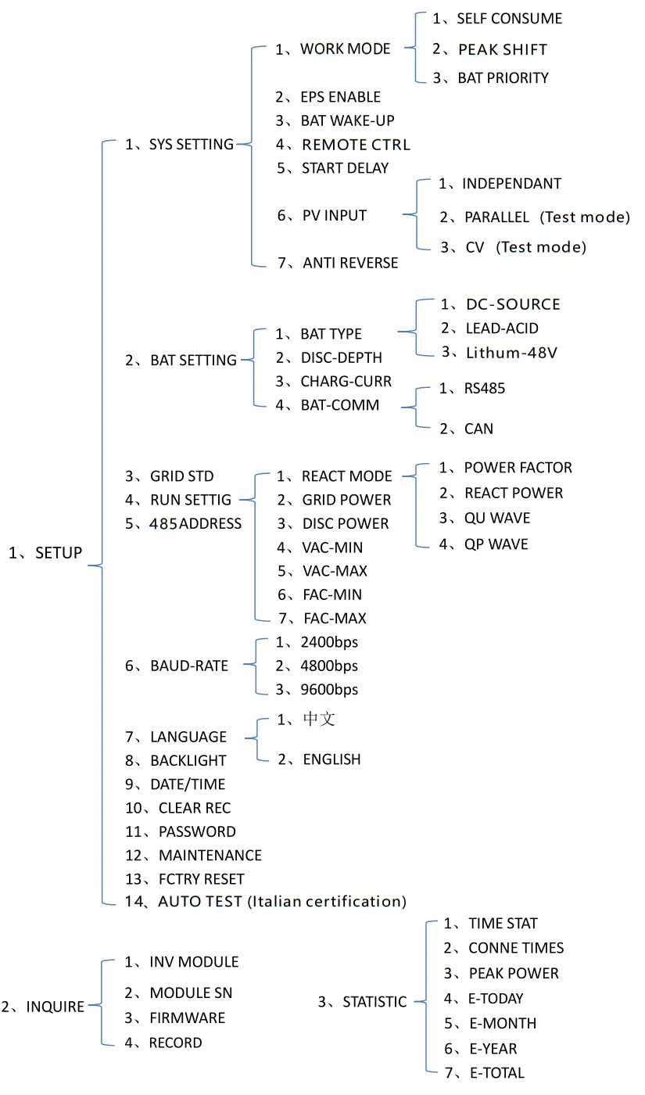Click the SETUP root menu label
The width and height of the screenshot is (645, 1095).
(59, 553)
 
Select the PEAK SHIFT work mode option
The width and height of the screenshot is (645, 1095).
(502, 49)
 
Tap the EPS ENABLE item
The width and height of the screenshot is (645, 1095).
(340, 97)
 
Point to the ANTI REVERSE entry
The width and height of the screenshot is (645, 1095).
(350, 263)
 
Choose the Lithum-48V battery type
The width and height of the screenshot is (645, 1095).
(511, 352)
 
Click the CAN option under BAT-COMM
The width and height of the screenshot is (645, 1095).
(478, 429)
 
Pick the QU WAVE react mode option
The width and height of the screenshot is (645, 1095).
(497, 518)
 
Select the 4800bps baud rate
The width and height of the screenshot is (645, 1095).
(328, 666)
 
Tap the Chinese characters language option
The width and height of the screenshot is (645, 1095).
(319, 719)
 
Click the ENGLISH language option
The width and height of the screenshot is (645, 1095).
(331, 759)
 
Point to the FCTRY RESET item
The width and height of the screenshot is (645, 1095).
(201, 878)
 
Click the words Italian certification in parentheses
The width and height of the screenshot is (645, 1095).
(327, 901)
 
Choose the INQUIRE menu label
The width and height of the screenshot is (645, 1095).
(55, 1007)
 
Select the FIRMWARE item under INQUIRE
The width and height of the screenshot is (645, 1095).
(187, 1018)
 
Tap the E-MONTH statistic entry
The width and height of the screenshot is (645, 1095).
(503, 1023)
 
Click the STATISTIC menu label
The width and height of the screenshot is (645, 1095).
(374, 1001)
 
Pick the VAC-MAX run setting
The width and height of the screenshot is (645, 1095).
(335, 571)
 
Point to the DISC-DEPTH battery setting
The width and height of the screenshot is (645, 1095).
(341, 357)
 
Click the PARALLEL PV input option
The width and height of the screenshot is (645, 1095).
(496, 217)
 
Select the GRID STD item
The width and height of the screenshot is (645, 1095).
(181, 476)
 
